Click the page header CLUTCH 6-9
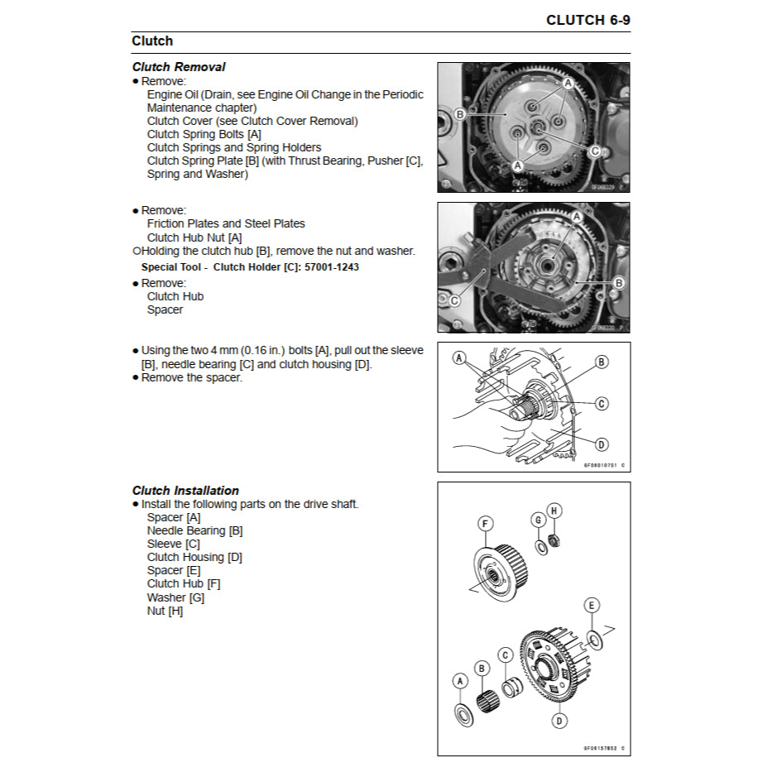pyautogui.click(x=588, y=20)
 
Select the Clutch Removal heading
pyautogui.click(x=179, y=67)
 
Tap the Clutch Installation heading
pyautogui.click(x=185, y=491)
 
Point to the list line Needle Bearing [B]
pyautogui.click(x=194, y=530)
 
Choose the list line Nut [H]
pyautogui.click(x=165, y=611)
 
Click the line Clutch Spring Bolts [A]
pyautogui.click(x=204, y=134)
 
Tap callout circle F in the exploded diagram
pyautogui.click(x=486, y=523)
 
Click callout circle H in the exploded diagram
pyautogui.click(x=554, y=511)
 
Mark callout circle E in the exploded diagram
pyautogui.click(x=592, y=606)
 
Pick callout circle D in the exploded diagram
pyautogui.click(x=560, y=721)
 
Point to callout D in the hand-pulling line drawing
pyautogui.click(x=602, y=444)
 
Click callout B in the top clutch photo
pyautogui.click(x=459, y=114)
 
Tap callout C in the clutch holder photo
pyautogui.click(x=454, y=301)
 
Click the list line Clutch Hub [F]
pyautogui.click(x=183, y=583)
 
